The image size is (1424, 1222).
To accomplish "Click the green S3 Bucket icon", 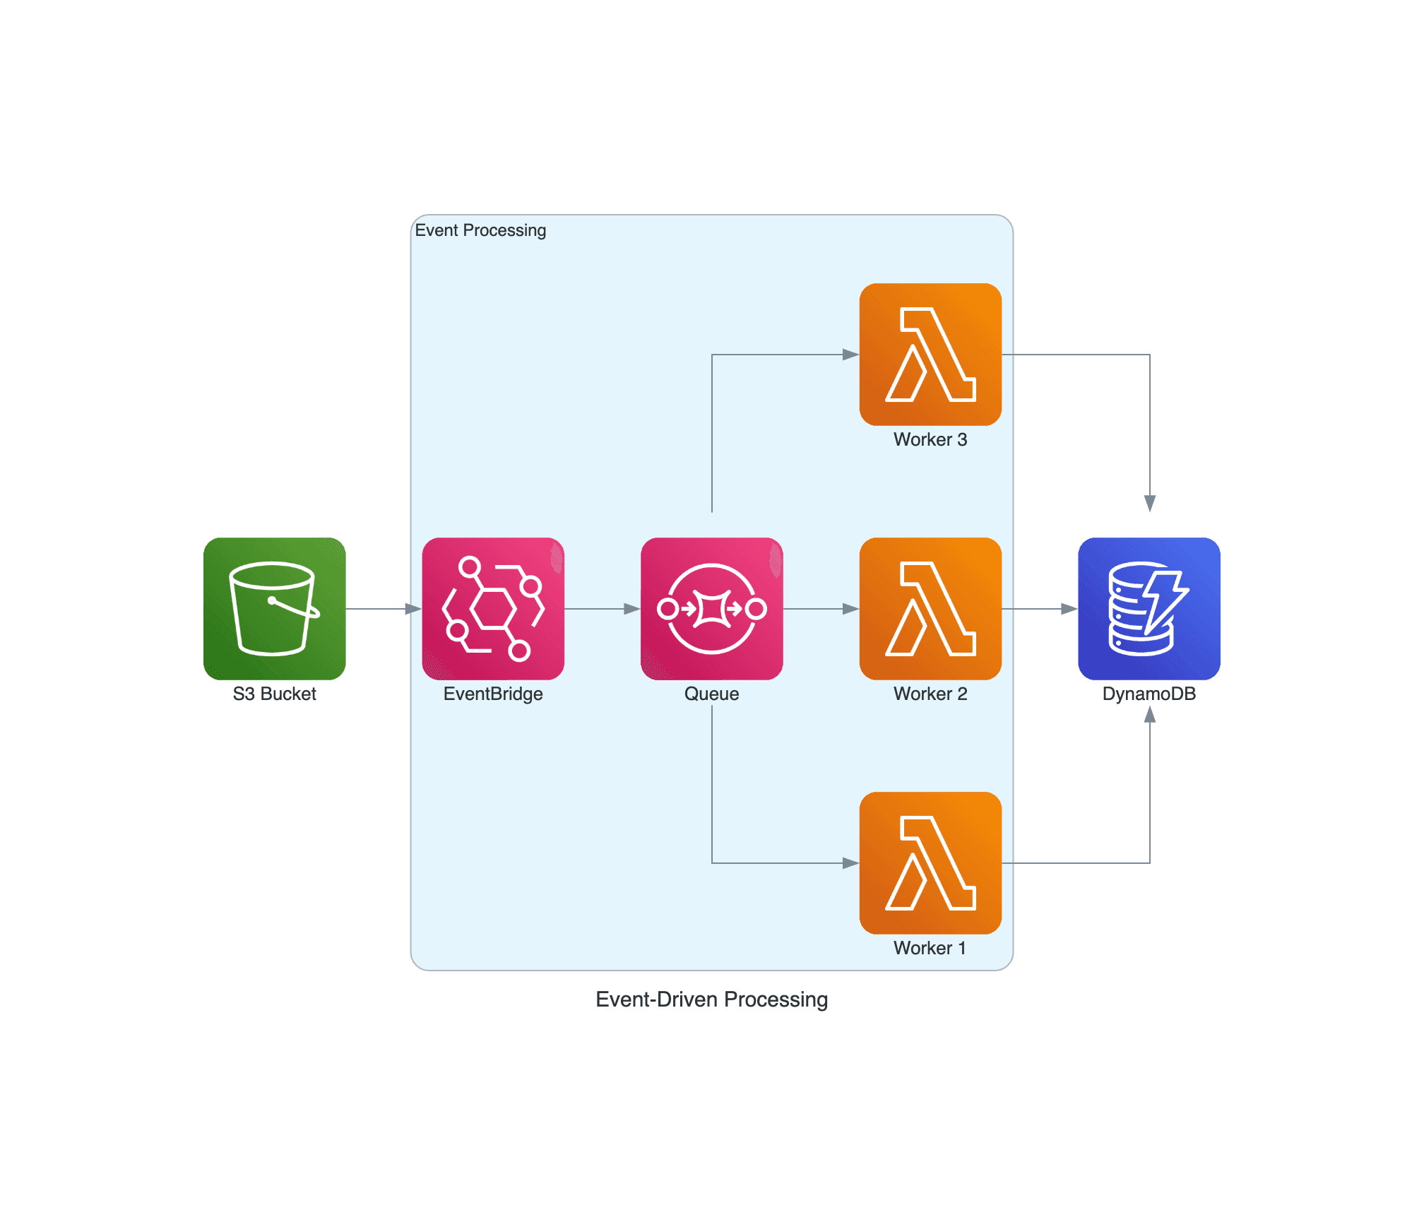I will pyautogui.click(x=274, y=608).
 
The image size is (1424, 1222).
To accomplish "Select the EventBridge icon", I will pyautogui.click(x=493, y=608).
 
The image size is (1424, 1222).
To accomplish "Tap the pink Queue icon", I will pyautogui.click(x=711, y=608).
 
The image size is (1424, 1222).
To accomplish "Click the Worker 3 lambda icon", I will pyautogui.click(x=930, y=354).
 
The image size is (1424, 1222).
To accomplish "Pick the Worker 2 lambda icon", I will pyautogui.click(x=930, y=608).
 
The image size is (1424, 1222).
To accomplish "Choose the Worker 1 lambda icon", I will pyautogui.click(x=930, y=862).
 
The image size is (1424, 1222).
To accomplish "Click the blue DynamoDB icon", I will pyautogui.click(x=1149, y=608).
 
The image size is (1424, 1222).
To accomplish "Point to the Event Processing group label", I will pyautogui.click(x=480, y=230).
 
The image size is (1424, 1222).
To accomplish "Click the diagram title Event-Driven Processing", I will pyautogui.click(x=711, y=999).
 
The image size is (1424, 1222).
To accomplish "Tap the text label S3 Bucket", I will pyautogui.click(x=274, y=694).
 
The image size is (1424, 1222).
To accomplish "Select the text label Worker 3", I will pyautogui.click(x=930, y=439).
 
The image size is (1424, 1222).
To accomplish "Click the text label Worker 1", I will pyautogui.click(x=930, y=948).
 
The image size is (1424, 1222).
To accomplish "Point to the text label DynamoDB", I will pyautogui.click(x=1149, y=694).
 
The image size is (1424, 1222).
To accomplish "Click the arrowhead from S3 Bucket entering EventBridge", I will pyautogui.click(x=413, y=608).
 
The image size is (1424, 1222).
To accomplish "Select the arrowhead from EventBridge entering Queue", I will pyautogui.click(x=632, y=608).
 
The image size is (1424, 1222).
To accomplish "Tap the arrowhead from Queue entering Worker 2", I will pyautogui.click(x=851, y=608).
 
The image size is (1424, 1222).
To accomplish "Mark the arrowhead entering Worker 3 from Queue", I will pyautogui.click(x=851, y=354).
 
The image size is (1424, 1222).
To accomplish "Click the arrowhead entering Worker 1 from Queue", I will pyautogui.click(x=851, y=862).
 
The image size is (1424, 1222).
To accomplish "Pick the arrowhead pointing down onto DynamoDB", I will pyautogui.click(x=1150, y=503).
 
